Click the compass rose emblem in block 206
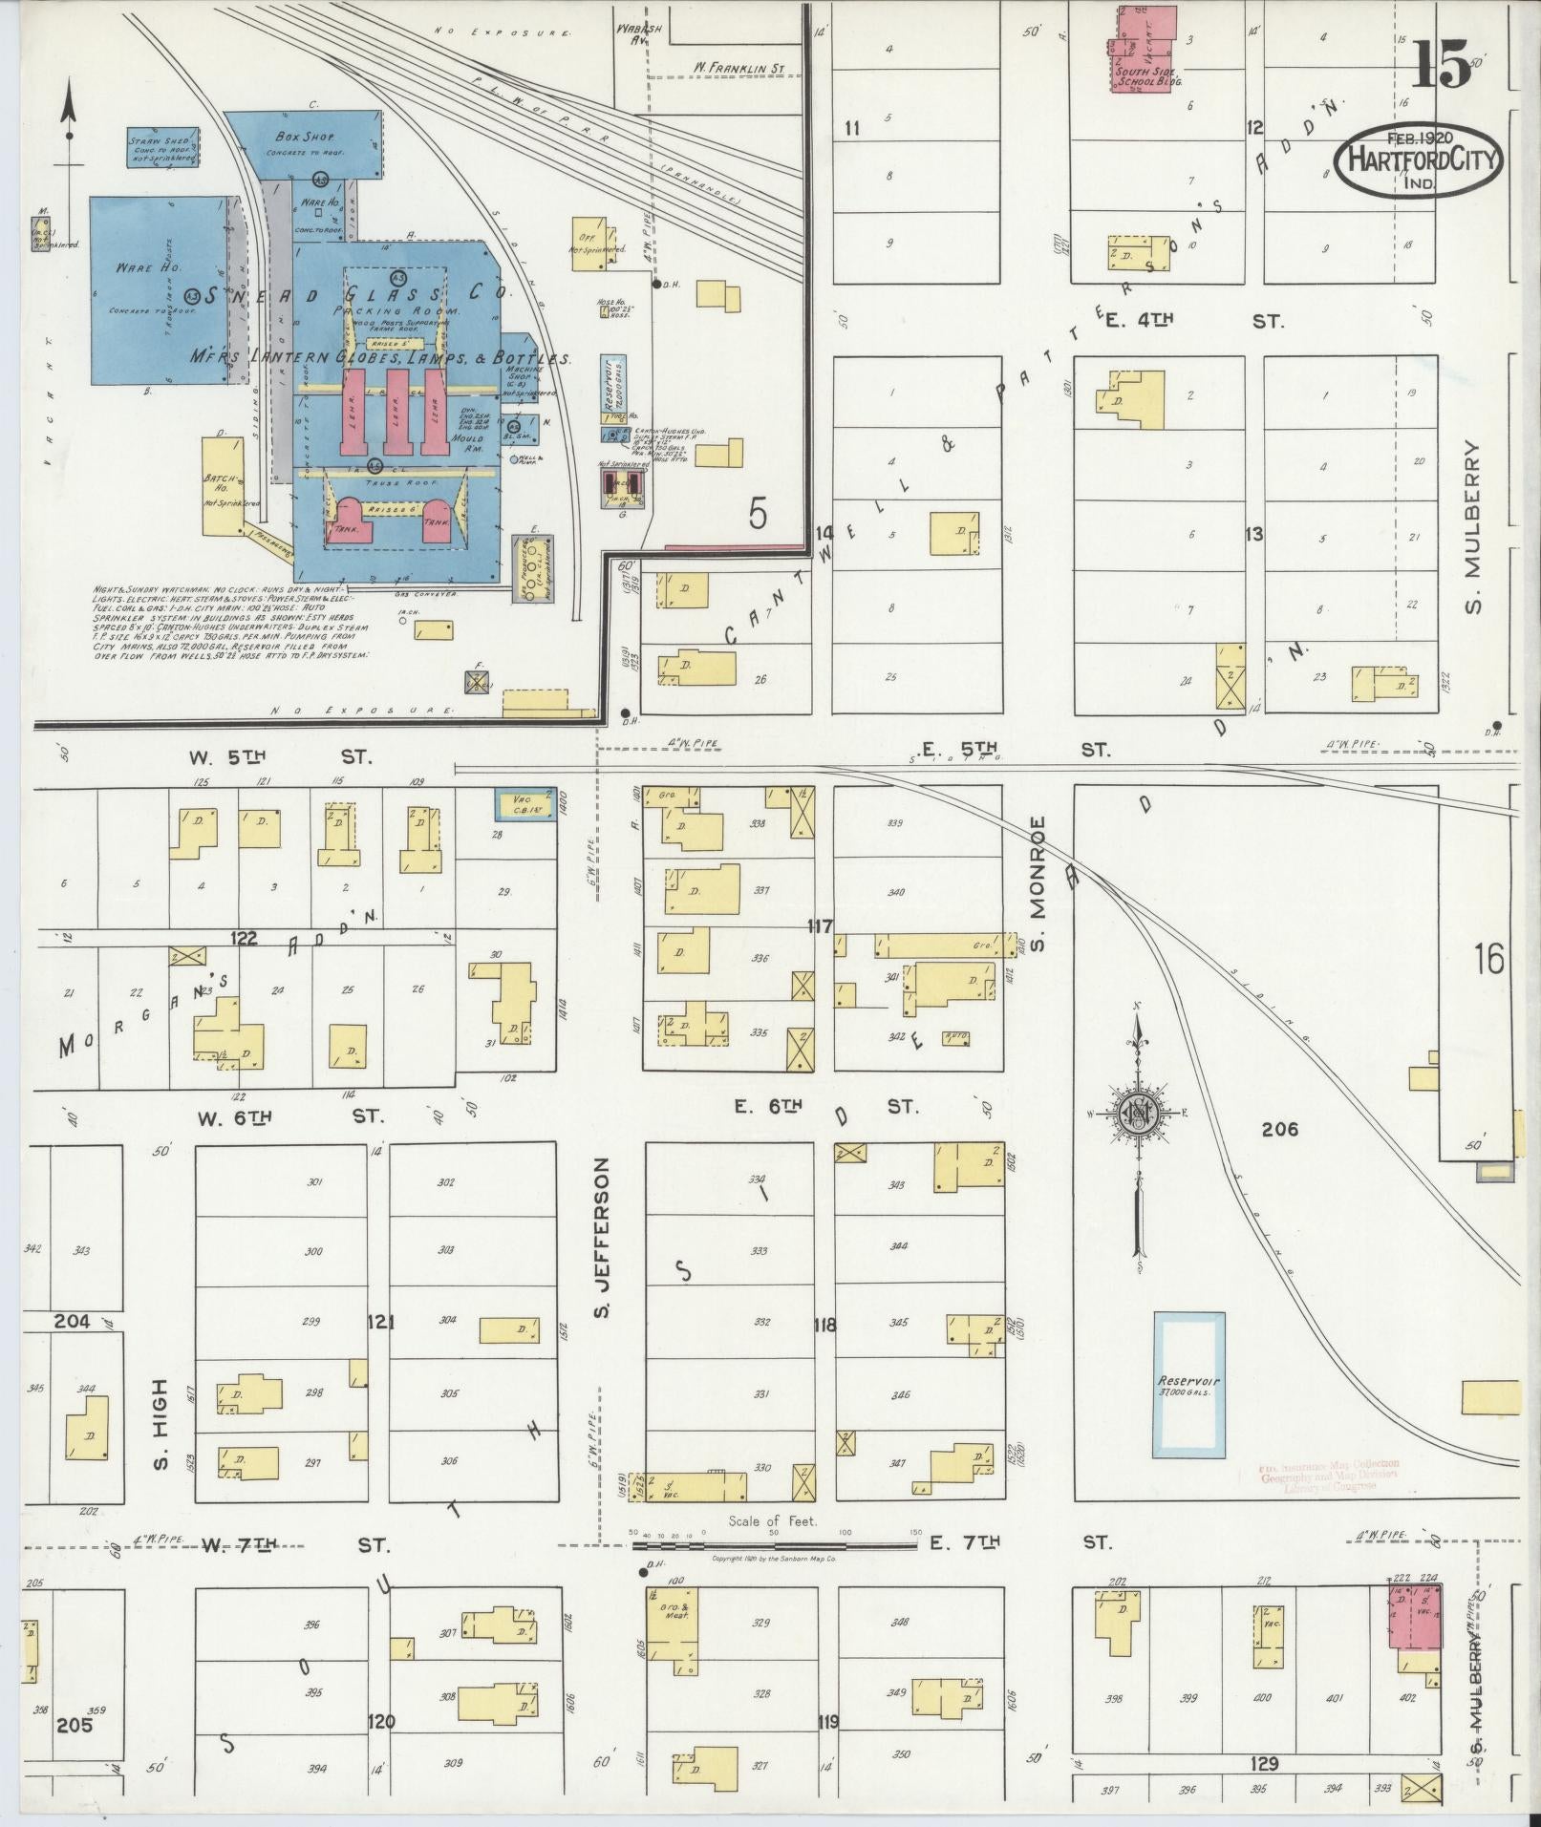point(1137,1113)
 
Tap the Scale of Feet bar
point(771,1540)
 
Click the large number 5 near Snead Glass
point(758,516)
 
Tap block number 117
point(820,925)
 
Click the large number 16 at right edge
point(1488,958)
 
